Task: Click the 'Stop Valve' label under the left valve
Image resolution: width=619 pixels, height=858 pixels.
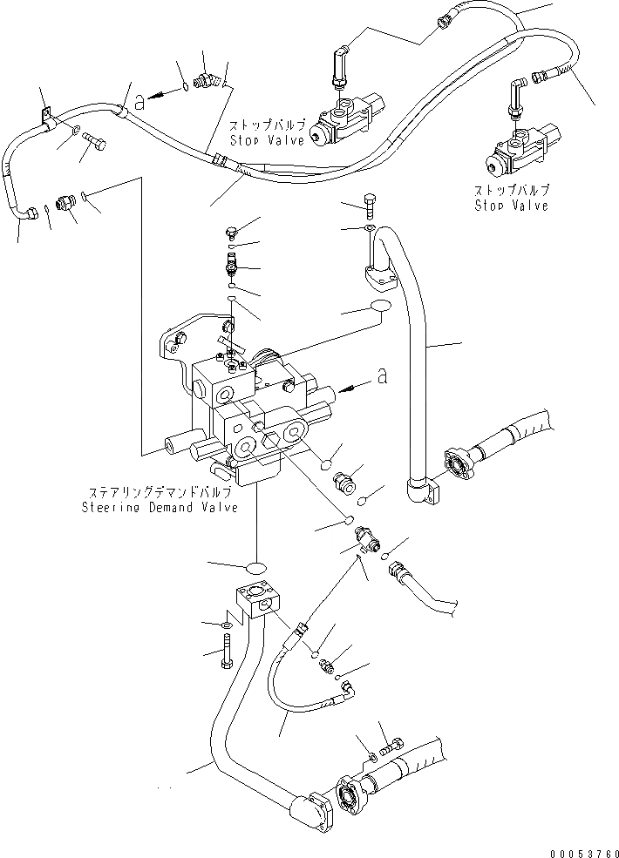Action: (x=268, y=139)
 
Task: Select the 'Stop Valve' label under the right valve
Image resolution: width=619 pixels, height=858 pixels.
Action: (x=512, y=206)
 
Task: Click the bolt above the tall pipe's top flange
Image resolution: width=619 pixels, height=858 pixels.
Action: (x=371, y=205)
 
